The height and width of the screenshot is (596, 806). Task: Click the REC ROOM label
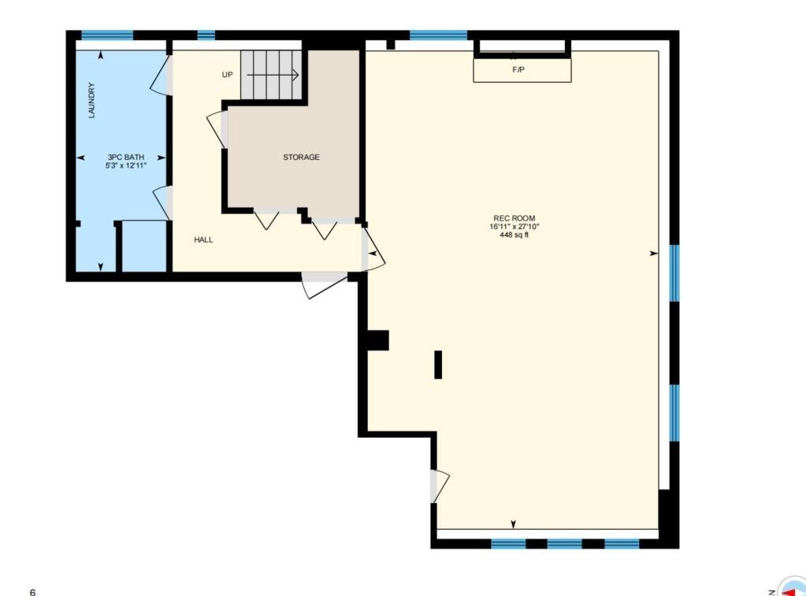(514, 218)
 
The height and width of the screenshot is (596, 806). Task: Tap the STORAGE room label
(301, 157)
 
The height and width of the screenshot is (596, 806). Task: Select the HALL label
(203, 239)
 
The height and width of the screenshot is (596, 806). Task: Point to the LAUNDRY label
(92, 100)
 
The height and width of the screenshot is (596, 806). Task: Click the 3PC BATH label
(126, 157)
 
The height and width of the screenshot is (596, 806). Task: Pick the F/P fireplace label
(518, 69)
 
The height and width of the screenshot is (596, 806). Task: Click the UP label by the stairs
(227, 75)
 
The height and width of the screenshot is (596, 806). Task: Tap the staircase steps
(271, 75)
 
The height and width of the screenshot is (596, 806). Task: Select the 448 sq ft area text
(514, 235)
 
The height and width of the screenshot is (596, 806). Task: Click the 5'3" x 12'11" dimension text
(126, 165)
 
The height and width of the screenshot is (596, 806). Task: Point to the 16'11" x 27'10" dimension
(514, 227)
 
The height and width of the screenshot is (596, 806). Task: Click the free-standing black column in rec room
(438, 365)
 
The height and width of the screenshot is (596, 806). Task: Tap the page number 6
(33, 592)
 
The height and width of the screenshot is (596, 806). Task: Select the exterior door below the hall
(325, 287)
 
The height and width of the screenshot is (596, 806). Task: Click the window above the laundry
(107, 35)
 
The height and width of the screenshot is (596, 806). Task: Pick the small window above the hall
(206, 35)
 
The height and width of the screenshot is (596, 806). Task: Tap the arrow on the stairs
(273, 75)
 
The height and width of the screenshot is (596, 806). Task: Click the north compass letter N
(771, 592)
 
